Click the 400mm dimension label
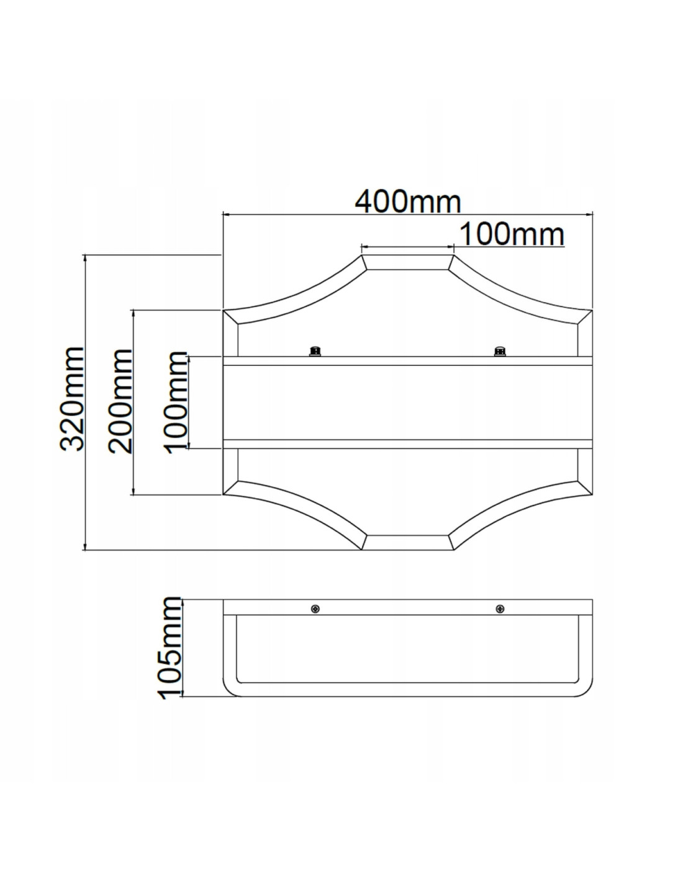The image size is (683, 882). click(x=408, y=201)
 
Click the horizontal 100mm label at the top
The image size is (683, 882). click(x=512, y=234)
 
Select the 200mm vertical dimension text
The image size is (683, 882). click(x=120, y=401)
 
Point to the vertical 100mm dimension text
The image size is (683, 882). click(x=176, y=403)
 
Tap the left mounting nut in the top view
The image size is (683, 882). click(x=314, y=350)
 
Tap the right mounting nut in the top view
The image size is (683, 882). click(x=499, y=350)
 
